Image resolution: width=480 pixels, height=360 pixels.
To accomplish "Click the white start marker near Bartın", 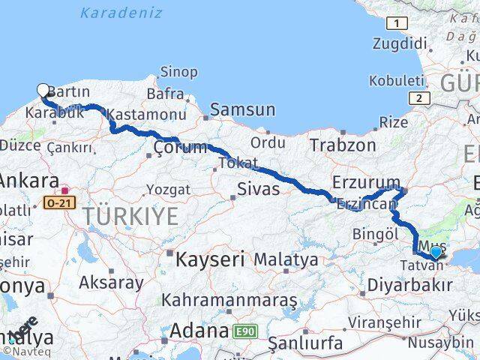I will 43,91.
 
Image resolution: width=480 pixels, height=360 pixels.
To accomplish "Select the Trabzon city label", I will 342,145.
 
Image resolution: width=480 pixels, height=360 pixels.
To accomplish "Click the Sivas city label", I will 258,189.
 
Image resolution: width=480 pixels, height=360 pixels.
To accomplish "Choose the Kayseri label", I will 210,260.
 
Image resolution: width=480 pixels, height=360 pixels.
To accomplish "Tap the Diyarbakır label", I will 410,285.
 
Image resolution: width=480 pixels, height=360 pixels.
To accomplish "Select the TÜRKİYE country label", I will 131,217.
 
